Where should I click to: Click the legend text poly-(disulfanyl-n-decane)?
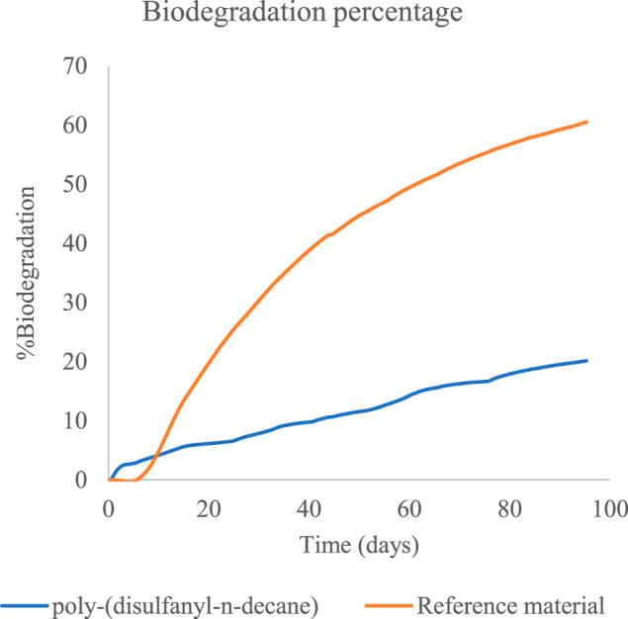pyautogui.click(x=188, y=603)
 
